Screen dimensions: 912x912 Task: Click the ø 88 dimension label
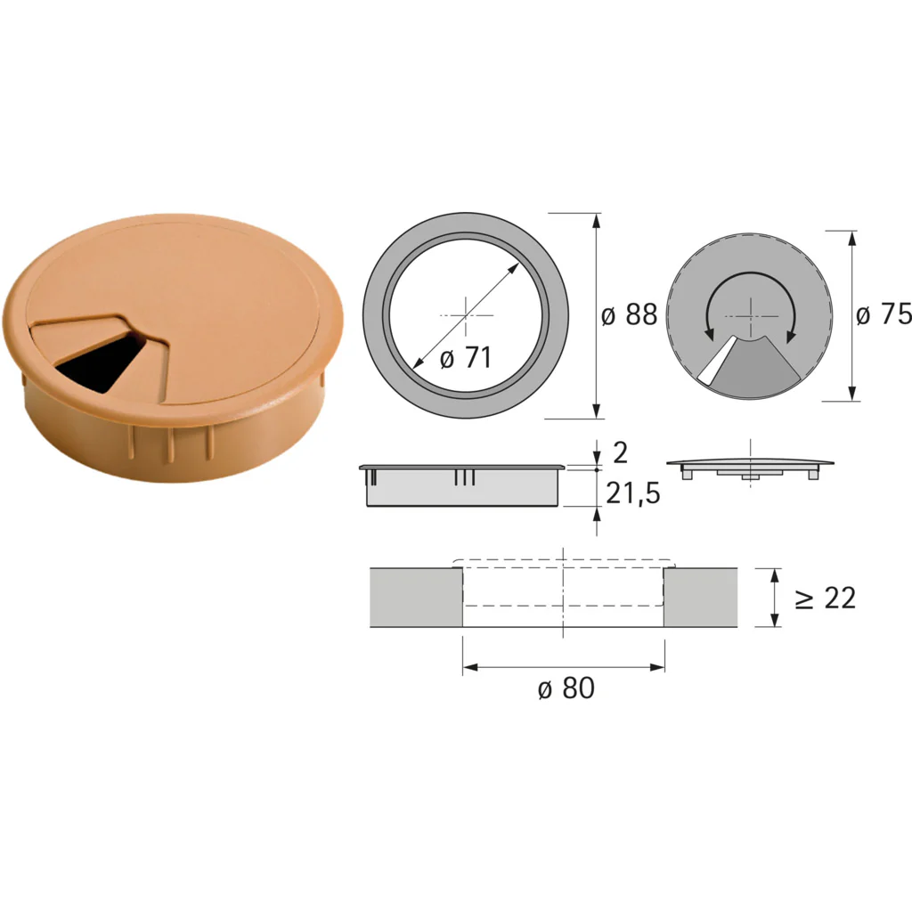point(630,314)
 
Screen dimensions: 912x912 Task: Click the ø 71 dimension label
point(466,357)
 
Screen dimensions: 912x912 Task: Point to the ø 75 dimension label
point(883,314)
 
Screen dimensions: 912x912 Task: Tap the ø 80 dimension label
point(566,688)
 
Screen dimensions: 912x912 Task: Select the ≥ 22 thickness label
point(826,598)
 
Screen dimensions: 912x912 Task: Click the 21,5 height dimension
point(633,493)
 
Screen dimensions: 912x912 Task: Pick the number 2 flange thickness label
point(621,452)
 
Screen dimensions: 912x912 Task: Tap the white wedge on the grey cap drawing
point(716,362)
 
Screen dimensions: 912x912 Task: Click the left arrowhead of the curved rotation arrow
point(709,334)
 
